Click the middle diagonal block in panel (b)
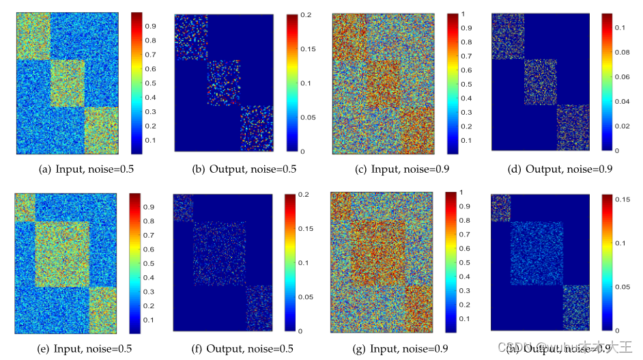click(224, 83)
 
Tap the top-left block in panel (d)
click(507, 36)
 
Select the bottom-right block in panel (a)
click(102, 130)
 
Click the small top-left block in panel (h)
click(500, 208)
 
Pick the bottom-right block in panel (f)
click(258, 307)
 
